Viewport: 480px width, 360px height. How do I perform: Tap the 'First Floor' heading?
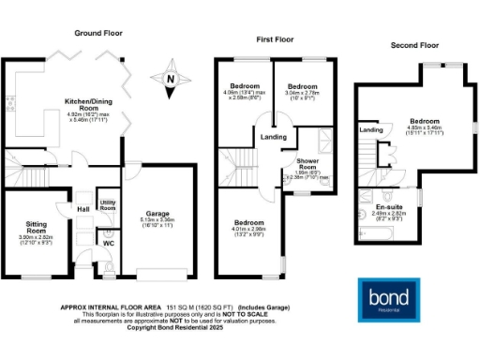point(277,39)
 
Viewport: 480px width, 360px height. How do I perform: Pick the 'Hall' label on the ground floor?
point(82,209)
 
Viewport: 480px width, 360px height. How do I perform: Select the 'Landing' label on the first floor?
point(274,138)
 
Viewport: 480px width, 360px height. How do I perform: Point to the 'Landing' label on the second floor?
point(371,130)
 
